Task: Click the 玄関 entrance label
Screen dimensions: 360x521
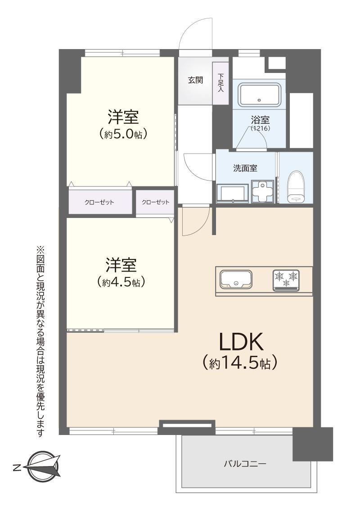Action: click(195, 80)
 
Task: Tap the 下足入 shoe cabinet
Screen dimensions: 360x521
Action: click(220, 83)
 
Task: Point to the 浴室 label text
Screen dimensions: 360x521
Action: click(260, 119)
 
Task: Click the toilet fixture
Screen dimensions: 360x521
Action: click(296, 187)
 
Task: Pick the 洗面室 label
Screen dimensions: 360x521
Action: click(245, 168)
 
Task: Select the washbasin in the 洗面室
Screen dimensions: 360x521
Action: click(232, 193)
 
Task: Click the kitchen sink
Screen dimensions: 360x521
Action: click(236, 280)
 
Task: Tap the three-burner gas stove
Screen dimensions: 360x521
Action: click(286, 280)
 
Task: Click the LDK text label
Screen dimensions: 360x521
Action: click(241, 342)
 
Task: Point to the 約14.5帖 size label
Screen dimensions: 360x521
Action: click(240, 363)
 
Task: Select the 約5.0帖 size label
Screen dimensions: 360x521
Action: click(123, 134)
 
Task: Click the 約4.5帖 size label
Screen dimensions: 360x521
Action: click(121, 282)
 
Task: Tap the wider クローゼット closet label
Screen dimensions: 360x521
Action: click(99, 202)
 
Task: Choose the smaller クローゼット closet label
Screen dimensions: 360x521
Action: click(155, 202)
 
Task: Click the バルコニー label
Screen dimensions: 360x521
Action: click(245, 463)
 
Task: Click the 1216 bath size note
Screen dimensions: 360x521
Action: click(261, 128)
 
